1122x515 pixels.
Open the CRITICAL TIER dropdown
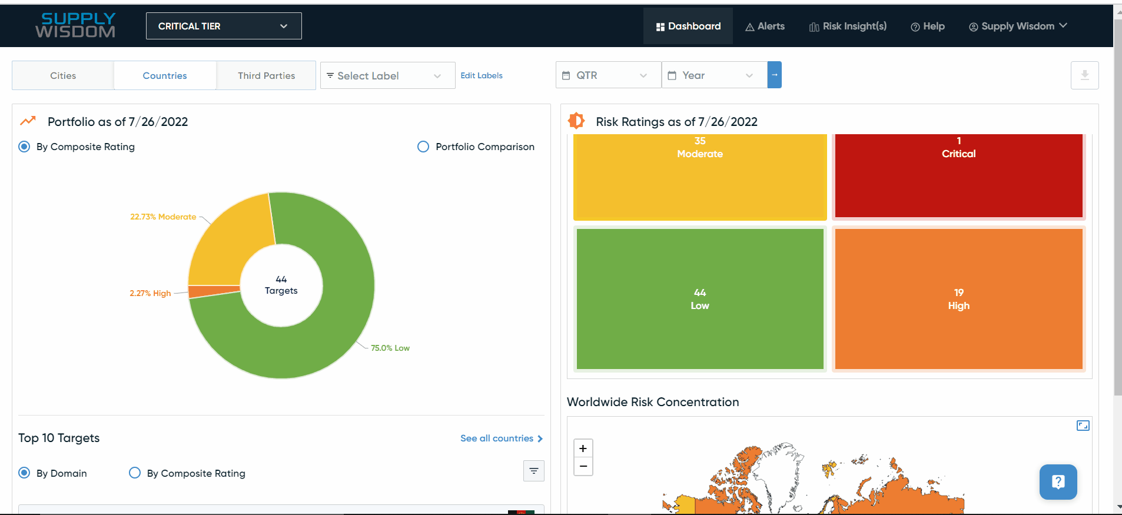click(x=224, y=26)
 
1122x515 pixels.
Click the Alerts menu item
click(x=765, y=26)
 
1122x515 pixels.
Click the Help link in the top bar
click(x=928, y=26)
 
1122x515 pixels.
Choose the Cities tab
click(x=63, y=76)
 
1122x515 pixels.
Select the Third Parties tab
click(x=266, y=76)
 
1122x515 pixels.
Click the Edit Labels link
click(x=482, y=76)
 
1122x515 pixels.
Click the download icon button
click(x=1084, y=75)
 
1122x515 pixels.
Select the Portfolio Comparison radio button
click(x=423, y=147)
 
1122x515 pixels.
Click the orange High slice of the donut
click(x=214, y=291)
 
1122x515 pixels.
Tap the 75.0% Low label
click(x=390, y=348)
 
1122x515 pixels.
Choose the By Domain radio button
click(x=24, y=473)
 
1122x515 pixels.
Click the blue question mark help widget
click(x=1058, y=482)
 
